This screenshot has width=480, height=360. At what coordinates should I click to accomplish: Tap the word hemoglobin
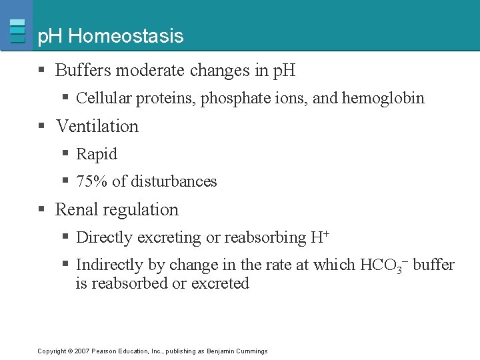coord(383,99)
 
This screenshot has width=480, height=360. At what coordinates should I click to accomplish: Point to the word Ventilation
coord(97,126)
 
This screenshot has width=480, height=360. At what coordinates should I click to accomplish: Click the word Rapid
coord(97,154)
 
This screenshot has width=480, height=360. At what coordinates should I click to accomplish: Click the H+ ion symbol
coord(321,237)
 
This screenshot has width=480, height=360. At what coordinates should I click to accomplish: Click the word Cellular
coord(103,99)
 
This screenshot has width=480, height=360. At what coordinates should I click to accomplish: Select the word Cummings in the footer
coord(251,351)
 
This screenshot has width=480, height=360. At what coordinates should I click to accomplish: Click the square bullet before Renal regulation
coord(42,209)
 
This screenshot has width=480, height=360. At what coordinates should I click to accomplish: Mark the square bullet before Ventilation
coord(42,126)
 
